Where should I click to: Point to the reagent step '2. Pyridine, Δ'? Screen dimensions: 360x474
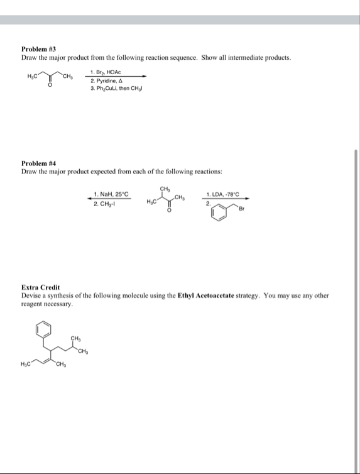tap(107, 79)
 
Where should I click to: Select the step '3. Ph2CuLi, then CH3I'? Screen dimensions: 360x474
tap(117, 87)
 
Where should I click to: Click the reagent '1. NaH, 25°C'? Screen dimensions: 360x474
tap(111, 194)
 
